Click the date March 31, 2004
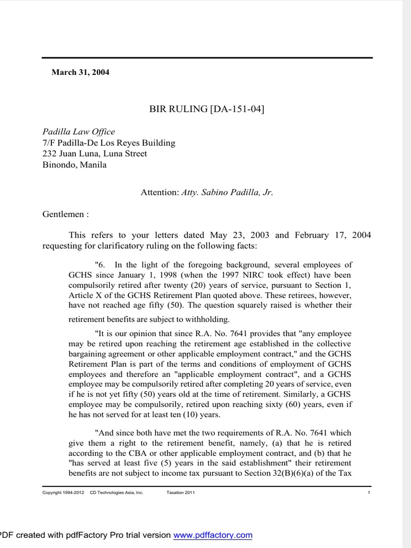click(x=80, y=72)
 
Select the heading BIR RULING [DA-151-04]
click(x=207, y=109)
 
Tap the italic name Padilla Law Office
click(x=79, y=132)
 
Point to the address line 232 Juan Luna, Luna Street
click(x=95, y=154)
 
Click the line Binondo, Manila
click(x=74, y=165)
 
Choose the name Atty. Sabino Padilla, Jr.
click(x=227, y=192)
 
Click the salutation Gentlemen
click(x=64, y=214)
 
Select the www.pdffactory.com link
click(x=213, y=535)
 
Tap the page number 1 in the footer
click(x=369, y=492)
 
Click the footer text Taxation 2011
click(x=181, y=492)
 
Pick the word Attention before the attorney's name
click(x=159, y=192)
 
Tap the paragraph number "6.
click(x=101, y=265)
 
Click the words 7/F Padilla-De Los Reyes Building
click(x=109, y=143)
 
